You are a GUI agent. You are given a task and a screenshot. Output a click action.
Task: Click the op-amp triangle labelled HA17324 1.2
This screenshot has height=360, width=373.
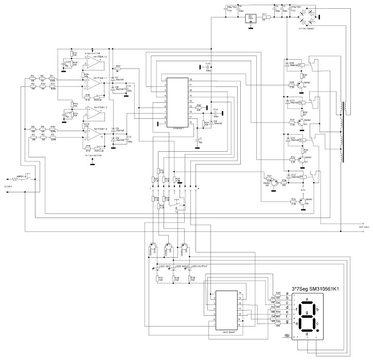(x=94, y=62)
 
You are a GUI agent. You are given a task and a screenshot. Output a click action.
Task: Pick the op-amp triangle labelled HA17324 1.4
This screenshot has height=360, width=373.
(x=94, y=135)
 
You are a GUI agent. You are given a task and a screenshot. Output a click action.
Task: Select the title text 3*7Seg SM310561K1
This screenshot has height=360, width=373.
(x=318, y=289)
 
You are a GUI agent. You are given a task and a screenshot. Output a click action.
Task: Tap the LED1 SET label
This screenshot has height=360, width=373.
(x=165, y=266)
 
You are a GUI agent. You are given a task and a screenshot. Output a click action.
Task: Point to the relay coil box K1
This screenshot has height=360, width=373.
(x=301, y=65)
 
